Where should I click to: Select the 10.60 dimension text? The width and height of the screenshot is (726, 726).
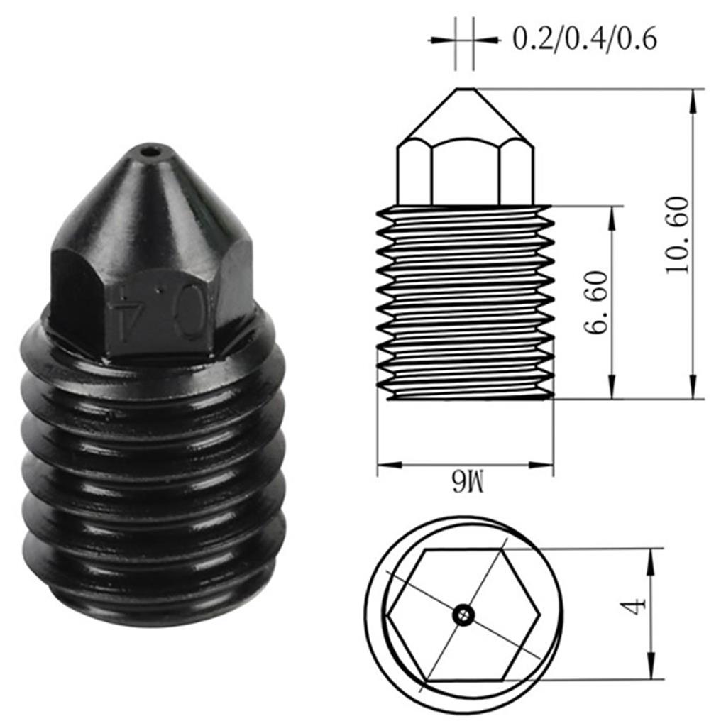pyautogui.click(x=678, y=235)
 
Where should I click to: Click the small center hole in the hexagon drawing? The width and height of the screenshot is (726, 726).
pyautogui.click(x=463, y=615)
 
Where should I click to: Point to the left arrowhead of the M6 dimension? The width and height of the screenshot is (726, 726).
pyautogui.click(x=384, y=466)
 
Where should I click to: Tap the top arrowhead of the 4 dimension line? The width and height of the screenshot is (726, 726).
pyautogui.click(x=650, y=558)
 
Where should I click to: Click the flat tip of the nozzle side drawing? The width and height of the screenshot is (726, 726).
pyautogui.click(x=465, y=89)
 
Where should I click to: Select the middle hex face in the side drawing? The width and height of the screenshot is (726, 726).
pyautogui.click(x=465, y=170)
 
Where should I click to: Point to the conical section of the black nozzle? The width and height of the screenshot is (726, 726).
pyautogui.click(x=153, y=206)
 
